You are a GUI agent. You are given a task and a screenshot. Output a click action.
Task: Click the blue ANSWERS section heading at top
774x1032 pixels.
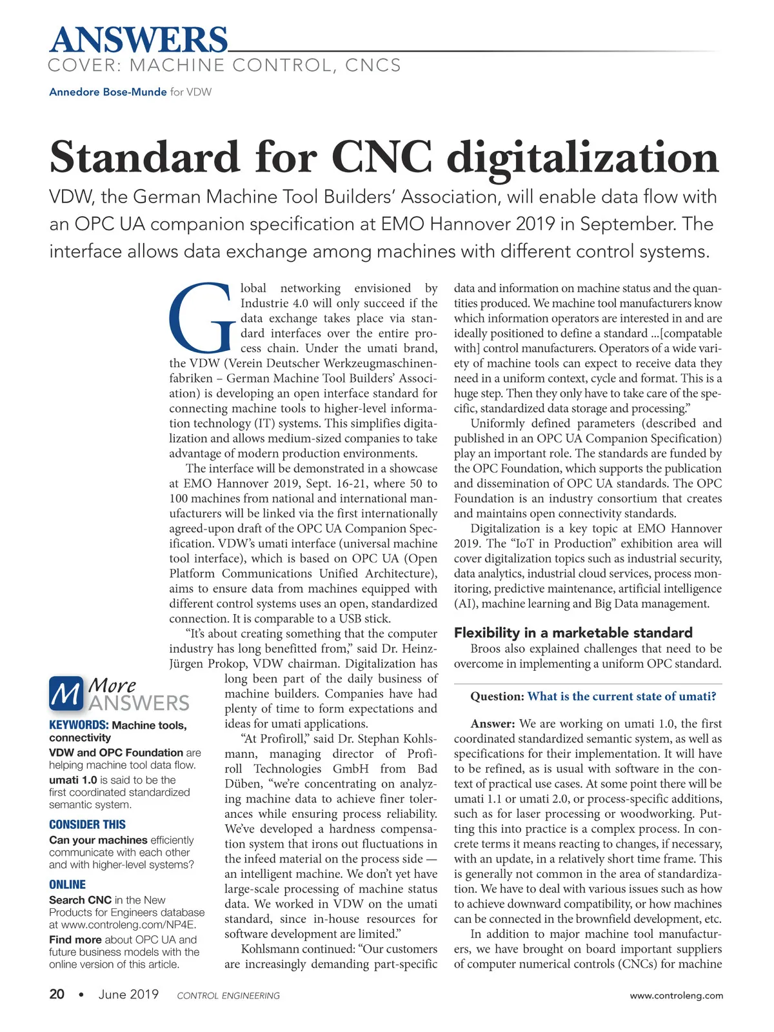point(139,40)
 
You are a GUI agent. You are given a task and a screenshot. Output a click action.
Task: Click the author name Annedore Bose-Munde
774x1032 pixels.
point(108,92)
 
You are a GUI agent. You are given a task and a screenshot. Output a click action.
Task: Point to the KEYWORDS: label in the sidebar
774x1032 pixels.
point(79,726)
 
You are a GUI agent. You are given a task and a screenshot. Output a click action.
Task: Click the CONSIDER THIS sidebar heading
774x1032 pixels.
point(87,825)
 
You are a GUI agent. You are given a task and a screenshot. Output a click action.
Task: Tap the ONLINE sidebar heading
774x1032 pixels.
point(67,885)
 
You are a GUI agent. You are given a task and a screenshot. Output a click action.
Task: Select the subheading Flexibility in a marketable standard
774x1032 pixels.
point(573,633)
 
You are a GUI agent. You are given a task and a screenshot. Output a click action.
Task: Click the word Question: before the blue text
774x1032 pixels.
point(497,697)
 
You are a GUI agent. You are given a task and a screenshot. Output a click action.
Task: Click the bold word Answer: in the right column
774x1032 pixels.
point(493,724)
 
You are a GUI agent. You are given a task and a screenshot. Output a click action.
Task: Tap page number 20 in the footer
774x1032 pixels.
point(57,995)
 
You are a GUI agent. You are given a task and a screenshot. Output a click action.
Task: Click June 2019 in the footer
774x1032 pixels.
point(128,995)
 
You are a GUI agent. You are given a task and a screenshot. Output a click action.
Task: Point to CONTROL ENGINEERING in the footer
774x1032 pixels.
point(228,996)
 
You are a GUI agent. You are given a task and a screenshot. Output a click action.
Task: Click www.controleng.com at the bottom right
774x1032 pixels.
point(676,996)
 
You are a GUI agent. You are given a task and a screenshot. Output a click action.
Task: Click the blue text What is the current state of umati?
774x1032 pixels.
point(622,697)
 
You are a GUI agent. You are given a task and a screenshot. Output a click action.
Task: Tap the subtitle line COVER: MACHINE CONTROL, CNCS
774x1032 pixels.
point(224,66)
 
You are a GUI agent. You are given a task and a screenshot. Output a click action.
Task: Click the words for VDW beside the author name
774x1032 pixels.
point(191,92)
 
